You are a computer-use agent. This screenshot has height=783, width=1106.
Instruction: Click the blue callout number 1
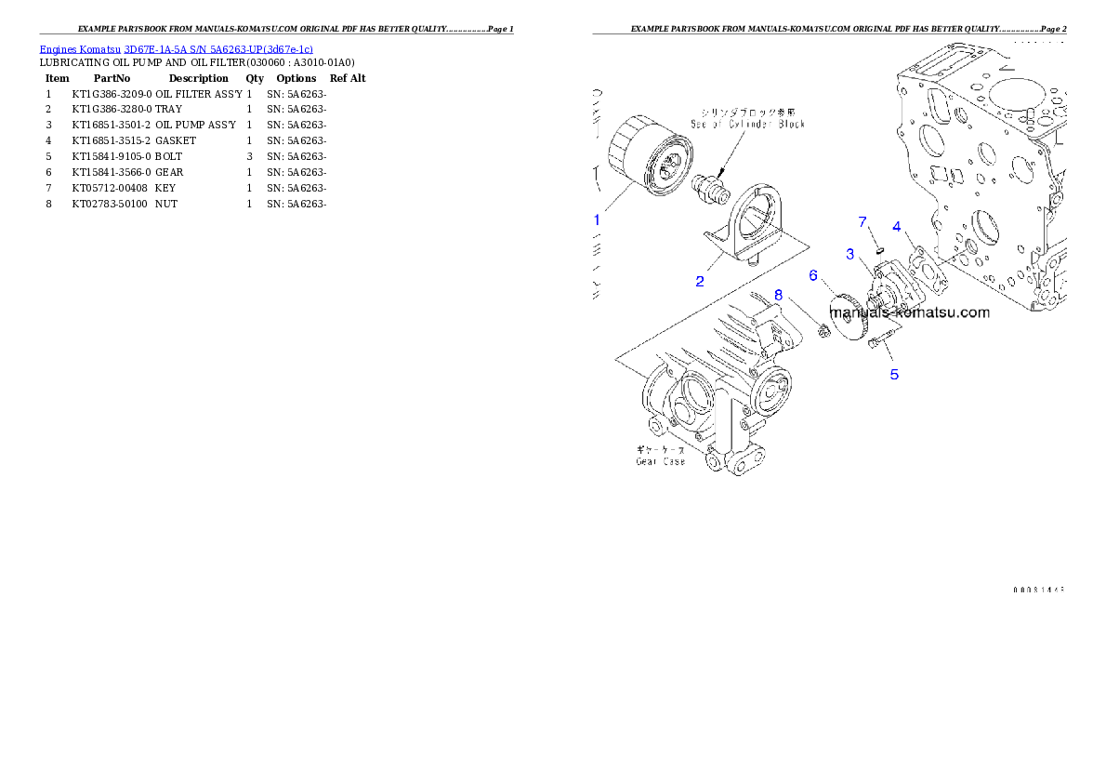(x=598, y=220)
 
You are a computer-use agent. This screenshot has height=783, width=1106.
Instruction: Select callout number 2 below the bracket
(x=700, y=280)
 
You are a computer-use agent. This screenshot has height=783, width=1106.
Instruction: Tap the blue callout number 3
(x=849, y=254)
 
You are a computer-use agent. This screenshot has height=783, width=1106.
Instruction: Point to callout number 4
(x=897, y=226)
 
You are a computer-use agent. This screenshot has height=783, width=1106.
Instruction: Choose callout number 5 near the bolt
(x=894, y=375)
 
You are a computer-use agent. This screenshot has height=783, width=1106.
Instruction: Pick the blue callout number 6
(x=812, y=275)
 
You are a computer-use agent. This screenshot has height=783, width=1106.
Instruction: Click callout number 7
(x=862, y=222)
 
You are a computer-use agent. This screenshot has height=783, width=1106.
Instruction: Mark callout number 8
(x=779, y=295)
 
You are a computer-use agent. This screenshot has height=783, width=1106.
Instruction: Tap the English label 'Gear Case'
(x=661, y=461)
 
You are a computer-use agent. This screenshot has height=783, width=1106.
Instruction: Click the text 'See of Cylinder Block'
(x=748, y=124)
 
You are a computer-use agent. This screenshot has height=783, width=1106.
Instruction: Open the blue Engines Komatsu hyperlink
(x=176, y=47)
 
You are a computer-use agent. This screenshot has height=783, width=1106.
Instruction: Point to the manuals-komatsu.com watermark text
(x=910, y=312)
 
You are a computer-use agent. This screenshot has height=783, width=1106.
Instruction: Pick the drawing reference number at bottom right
(x=1037, y=589)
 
